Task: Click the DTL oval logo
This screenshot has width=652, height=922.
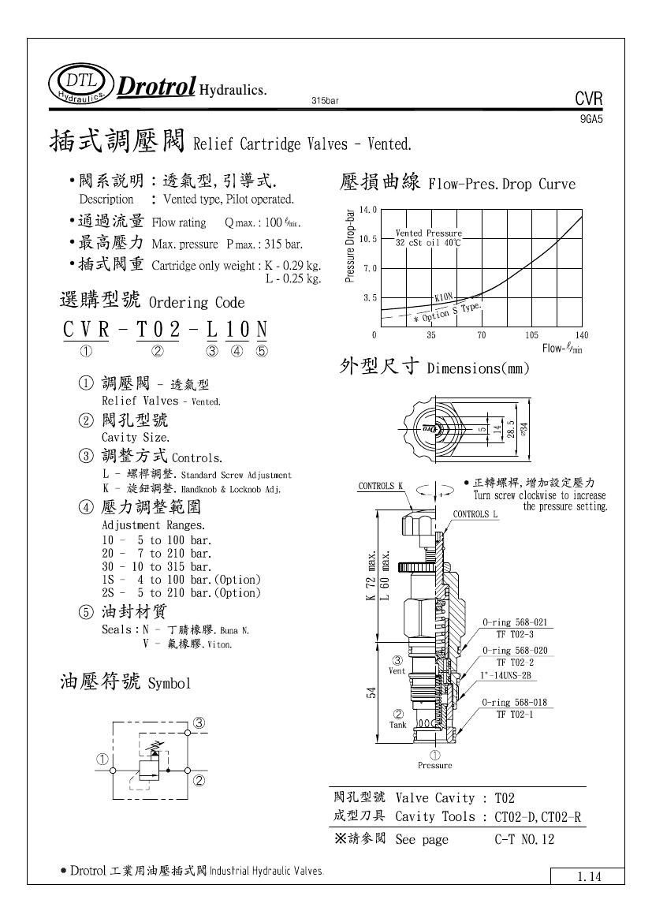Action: tap(80, 86)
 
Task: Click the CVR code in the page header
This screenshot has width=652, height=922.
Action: tap(589, 99)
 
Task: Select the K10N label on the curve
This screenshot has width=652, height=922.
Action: tap(445, 297)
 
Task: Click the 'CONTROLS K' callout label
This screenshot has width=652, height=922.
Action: tap(381, 486)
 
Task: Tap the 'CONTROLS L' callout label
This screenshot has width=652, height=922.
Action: tap(475, 514)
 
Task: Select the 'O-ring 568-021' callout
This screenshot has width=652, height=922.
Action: tap(515, 622)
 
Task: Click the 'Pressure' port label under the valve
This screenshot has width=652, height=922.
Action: tap(434, 765)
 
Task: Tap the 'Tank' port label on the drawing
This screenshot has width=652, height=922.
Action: tap(398, 724)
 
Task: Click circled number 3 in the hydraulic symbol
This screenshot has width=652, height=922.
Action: tap(199, 722)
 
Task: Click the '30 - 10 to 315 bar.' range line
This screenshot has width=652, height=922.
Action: tap(157, 566)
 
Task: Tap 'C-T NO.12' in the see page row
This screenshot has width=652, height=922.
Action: tap(520, 839)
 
